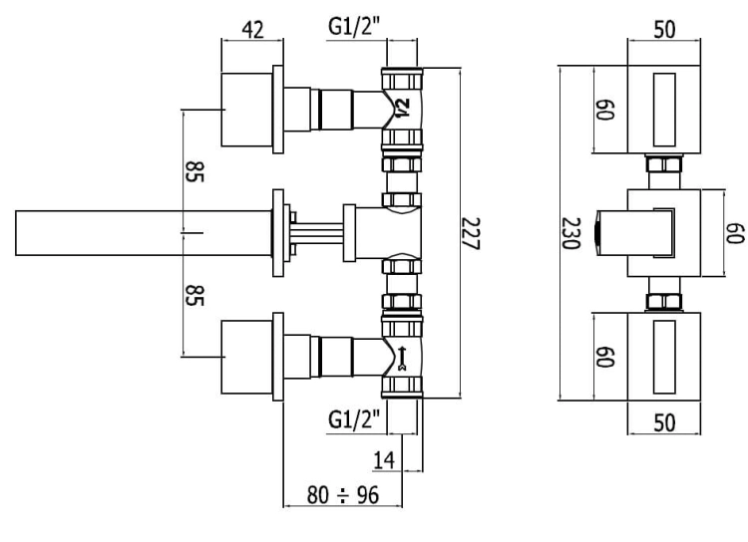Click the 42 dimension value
[x=252, y=30]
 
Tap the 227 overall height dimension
[x=471, y=233]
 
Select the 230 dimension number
[x=571, y=233]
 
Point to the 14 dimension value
[x=384, y=460]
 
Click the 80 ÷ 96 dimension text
[x=343, y=495]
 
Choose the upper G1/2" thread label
[x=354, y=26]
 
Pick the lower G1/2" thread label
[x=354, y=419]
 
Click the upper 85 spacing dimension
[x=194, y=171]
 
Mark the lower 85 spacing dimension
[x=194, y=295]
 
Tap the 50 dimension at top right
[x=664, y=30]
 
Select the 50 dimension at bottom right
[x=664, y=422]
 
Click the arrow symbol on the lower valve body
[x=402, y=358]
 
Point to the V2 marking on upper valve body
[x=403, y=108]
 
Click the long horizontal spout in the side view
[x=144, y=233]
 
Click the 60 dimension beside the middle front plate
[x=735, y=233]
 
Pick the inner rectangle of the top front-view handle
[x=664, y=110]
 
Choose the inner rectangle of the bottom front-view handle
[x=664, y=357]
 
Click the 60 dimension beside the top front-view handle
[x=605, y=110]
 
